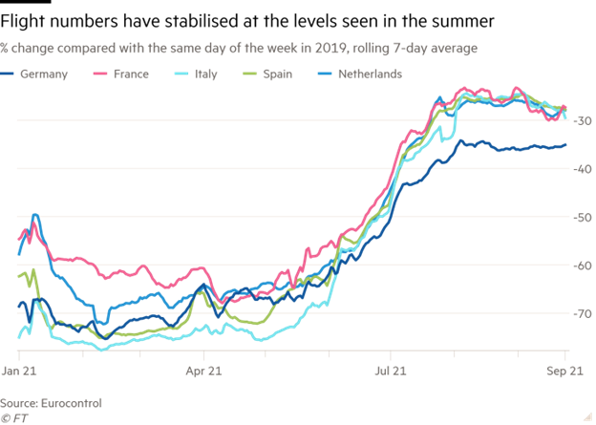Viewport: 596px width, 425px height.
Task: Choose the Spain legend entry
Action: (x=286, y=74)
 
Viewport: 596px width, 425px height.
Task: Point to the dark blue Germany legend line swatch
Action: (x=10, y=74)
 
